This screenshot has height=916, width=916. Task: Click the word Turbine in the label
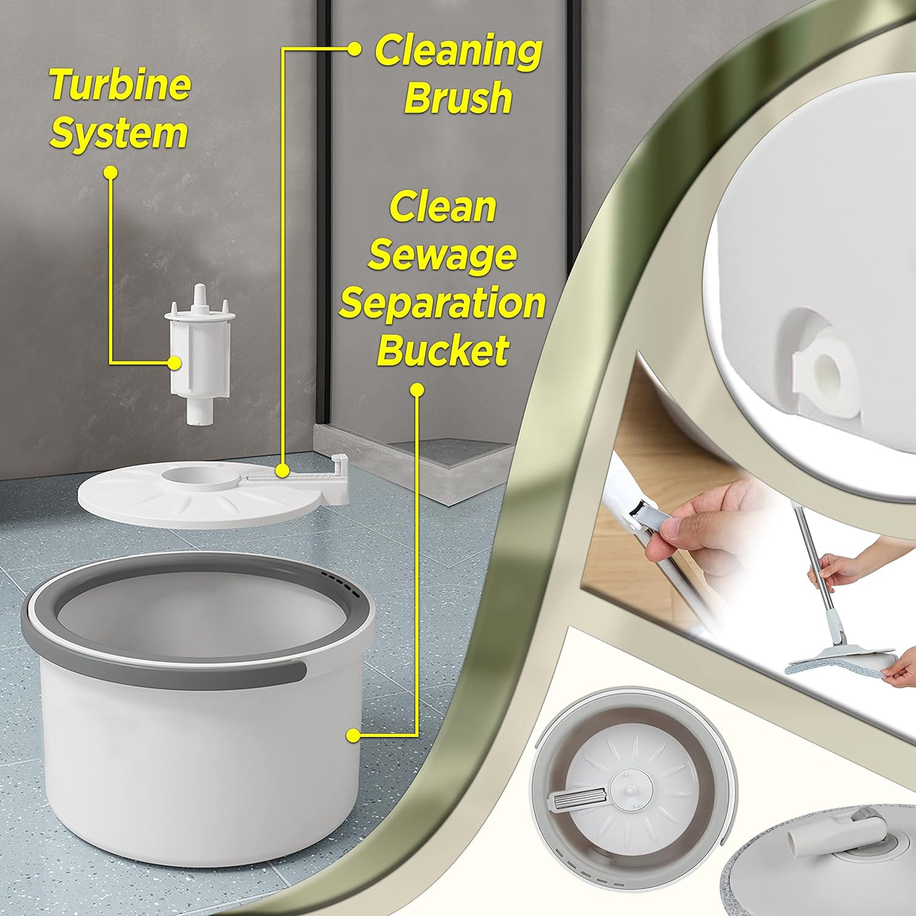pyautogui.click(x=120, y=85)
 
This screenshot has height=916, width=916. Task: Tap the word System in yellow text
pyautogui.click(x=118, y=134)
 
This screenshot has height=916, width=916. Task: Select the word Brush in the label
pyautogui.click(x=458, y=97)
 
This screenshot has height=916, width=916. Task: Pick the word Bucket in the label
pyautogui.click(x=443, y=350)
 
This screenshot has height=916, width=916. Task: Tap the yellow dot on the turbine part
pyautogui.click(x=175, y=362)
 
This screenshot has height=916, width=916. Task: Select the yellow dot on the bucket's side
pyautogui.click(x=353, y=736)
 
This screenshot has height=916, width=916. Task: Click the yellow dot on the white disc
pyautogui.click(x=282, y=470)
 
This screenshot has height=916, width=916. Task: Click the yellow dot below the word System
pyautogui.click(x=111, y=173)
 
